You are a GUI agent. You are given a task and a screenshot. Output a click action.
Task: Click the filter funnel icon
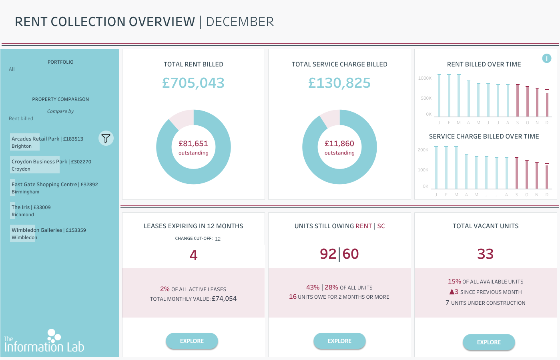tap(106, 138)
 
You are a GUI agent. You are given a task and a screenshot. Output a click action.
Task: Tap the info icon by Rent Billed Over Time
tap(546, 58)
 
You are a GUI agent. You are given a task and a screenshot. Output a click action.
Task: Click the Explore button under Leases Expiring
tap(192, 341)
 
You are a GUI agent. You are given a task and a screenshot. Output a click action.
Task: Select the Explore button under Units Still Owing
tap(339, 341)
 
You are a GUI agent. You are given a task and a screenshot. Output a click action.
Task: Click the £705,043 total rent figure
tap(193, 83)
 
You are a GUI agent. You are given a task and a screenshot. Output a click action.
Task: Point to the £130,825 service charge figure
tap(339, 83)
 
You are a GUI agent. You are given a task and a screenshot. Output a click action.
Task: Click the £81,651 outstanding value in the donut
tap(193, 144)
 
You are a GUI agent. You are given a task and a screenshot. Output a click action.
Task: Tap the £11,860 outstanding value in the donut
tap(339, 144)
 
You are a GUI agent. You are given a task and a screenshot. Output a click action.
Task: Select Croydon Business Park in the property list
tap(51, 165)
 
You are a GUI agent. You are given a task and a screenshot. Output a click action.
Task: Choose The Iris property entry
tap(31, 211)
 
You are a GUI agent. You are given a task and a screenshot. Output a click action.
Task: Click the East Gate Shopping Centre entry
tap(54, 188)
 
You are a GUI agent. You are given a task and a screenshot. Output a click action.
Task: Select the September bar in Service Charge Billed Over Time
tap(516, 173)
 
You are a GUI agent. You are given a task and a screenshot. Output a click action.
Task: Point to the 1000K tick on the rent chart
tap(425, 78)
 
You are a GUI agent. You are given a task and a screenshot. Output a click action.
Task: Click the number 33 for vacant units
tap(485, 254)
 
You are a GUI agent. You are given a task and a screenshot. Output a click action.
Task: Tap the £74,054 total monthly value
tap(224, 298)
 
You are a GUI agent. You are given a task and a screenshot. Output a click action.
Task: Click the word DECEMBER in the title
tap(240, 22)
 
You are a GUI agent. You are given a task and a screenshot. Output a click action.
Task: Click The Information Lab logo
tap(44, 340)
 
